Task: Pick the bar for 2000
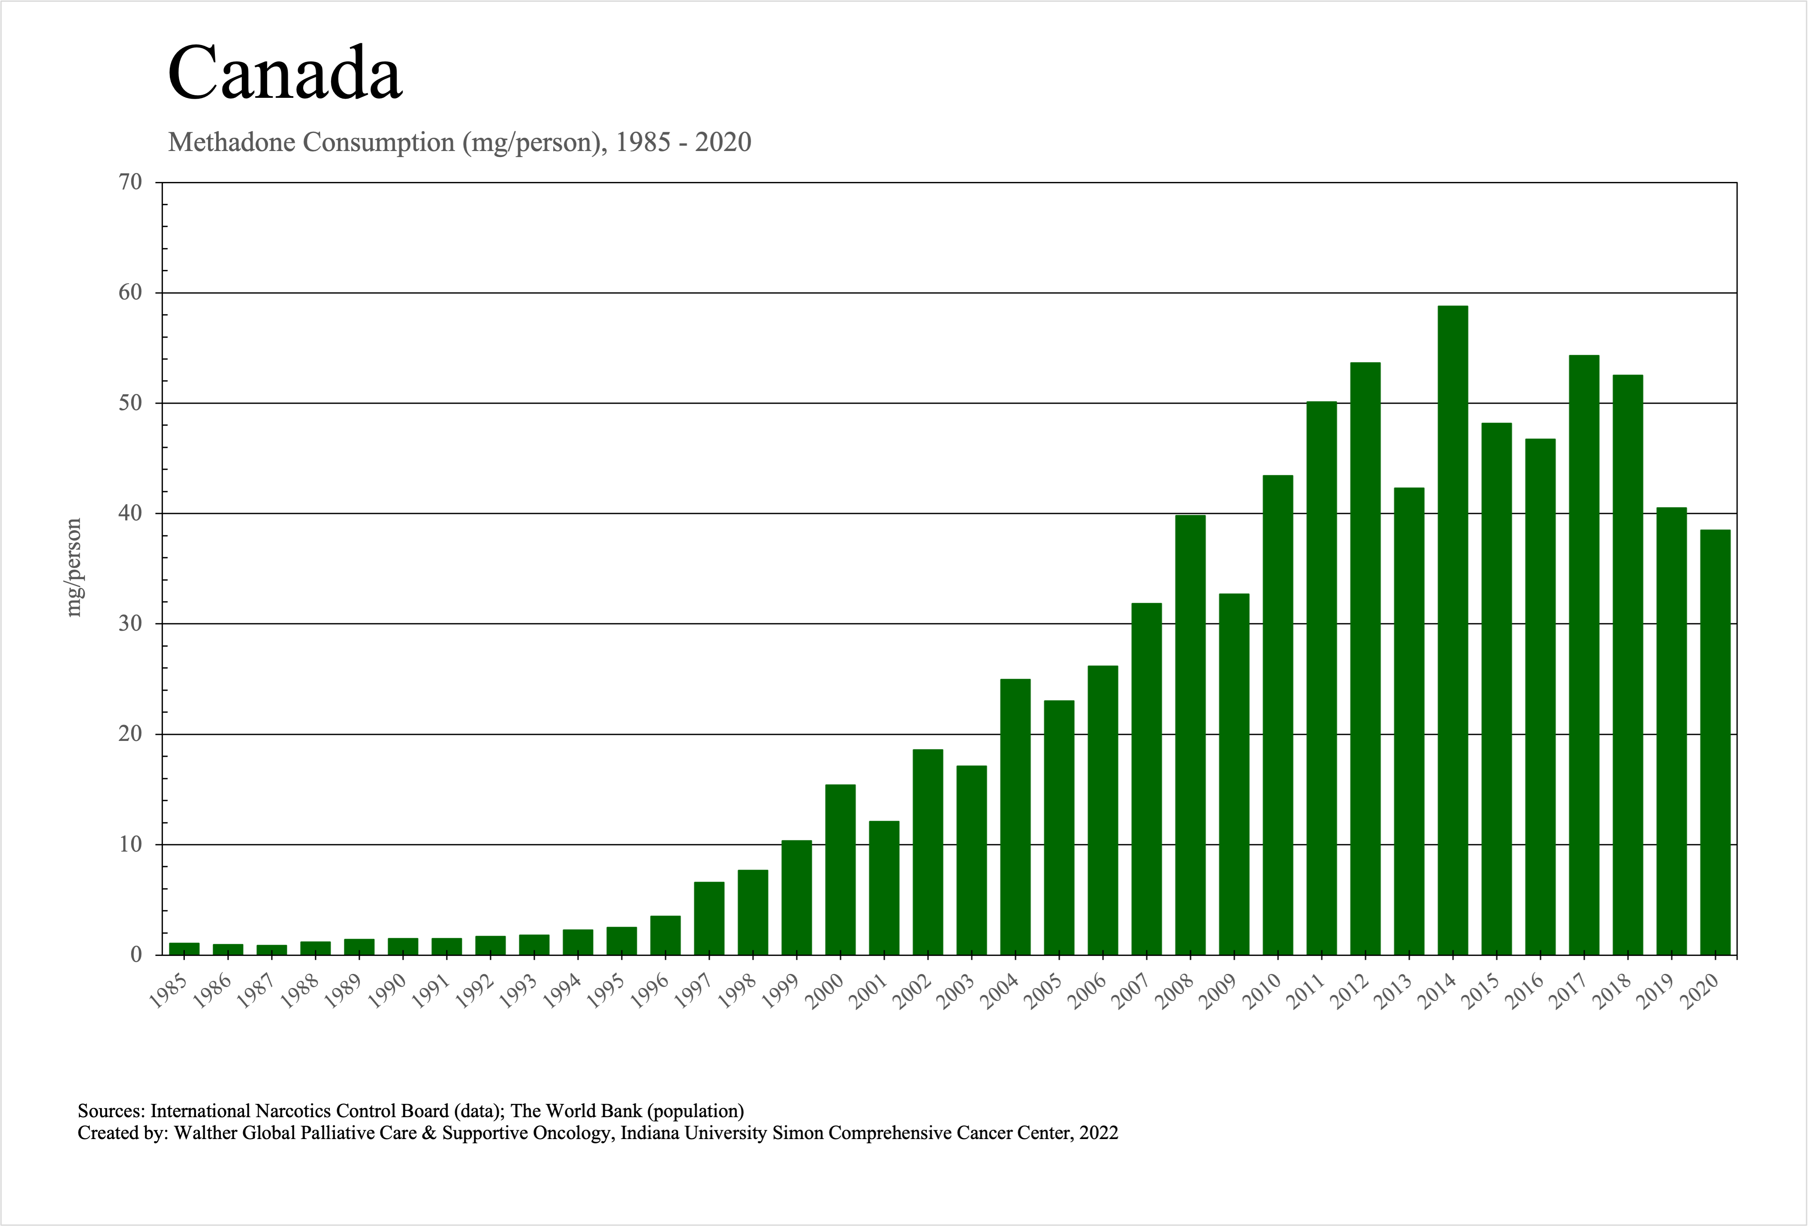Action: point(840,870)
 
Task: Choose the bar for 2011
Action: point(1322,678)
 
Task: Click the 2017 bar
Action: point(1584,654)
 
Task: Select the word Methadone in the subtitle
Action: point(231,142)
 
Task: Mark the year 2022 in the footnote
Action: point(1099,1133)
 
